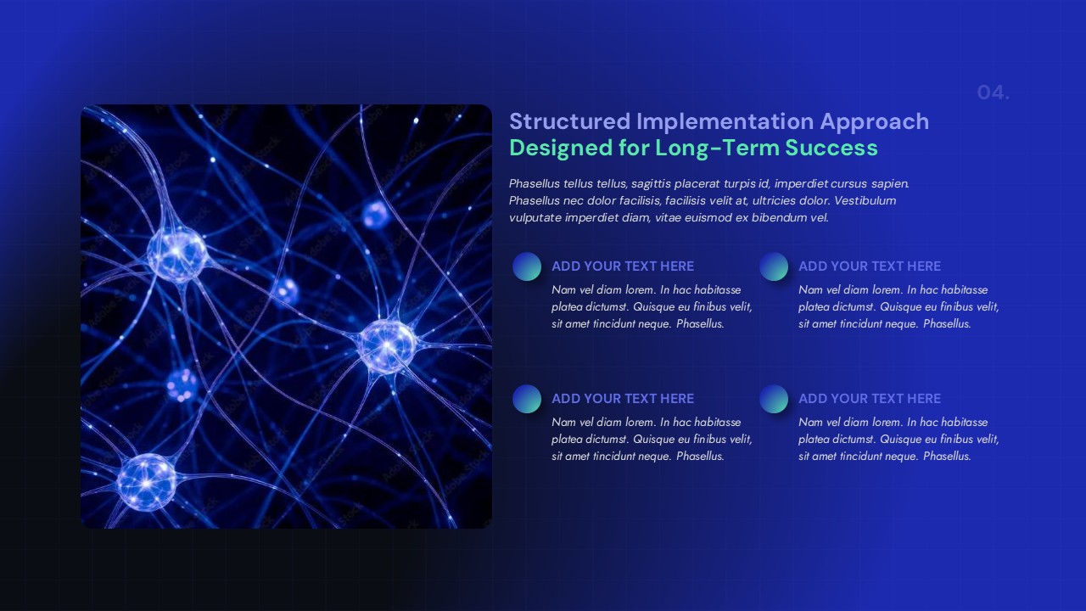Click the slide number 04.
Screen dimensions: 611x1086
(x=993, y=92)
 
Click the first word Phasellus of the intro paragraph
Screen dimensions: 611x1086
(x=535, y=183)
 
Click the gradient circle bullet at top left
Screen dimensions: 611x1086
(x=527, y=266)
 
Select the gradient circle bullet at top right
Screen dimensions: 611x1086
(x=774, y=266)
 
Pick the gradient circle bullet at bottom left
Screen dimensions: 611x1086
(x=527, y=399)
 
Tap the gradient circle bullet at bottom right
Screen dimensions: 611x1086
(x=774, y=399)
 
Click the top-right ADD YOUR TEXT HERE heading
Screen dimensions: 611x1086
(x=869, y=266)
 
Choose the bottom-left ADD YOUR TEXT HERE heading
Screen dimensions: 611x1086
(x=622, y=399)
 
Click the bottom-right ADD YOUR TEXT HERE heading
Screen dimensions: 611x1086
(x=869, y=399)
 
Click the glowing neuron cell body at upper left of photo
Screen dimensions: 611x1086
(x=176, y=253)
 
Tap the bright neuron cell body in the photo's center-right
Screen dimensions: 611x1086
(x=388, y=345)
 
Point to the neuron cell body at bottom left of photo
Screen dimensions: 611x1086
(x=146, y=481)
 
